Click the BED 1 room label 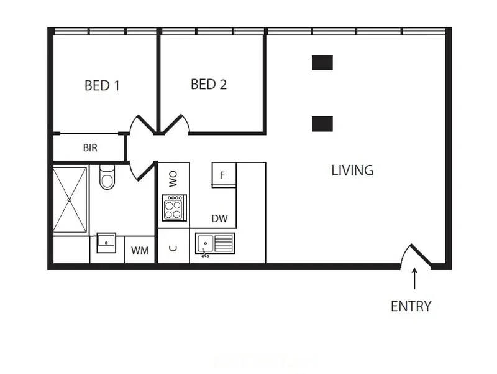click(x=102, y=85)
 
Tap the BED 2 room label click(x=209, y=84)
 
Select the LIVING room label click(x=352, y=170)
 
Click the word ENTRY click(x=411, y=306)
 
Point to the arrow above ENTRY click(x=414, y=279)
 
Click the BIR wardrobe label click(x=90, y=149)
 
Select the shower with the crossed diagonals click(x=70, y=200)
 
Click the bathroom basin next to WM click(x=106, y=243)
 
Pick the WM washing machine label click(x=140, y=250)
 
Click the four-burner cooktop click(x=173, y=207)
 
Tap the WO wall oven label click(x=173, y=180)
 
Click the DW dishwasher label click(x=219, y=218)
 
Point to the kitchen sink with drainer click(x=214, y=243)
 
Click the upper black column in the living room click(x=322, y=62)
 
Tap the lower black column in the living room click(x=322, y=123)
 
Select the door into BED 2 click(x=176, y=124)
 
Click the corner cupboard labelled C click(x=173, y=248)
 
